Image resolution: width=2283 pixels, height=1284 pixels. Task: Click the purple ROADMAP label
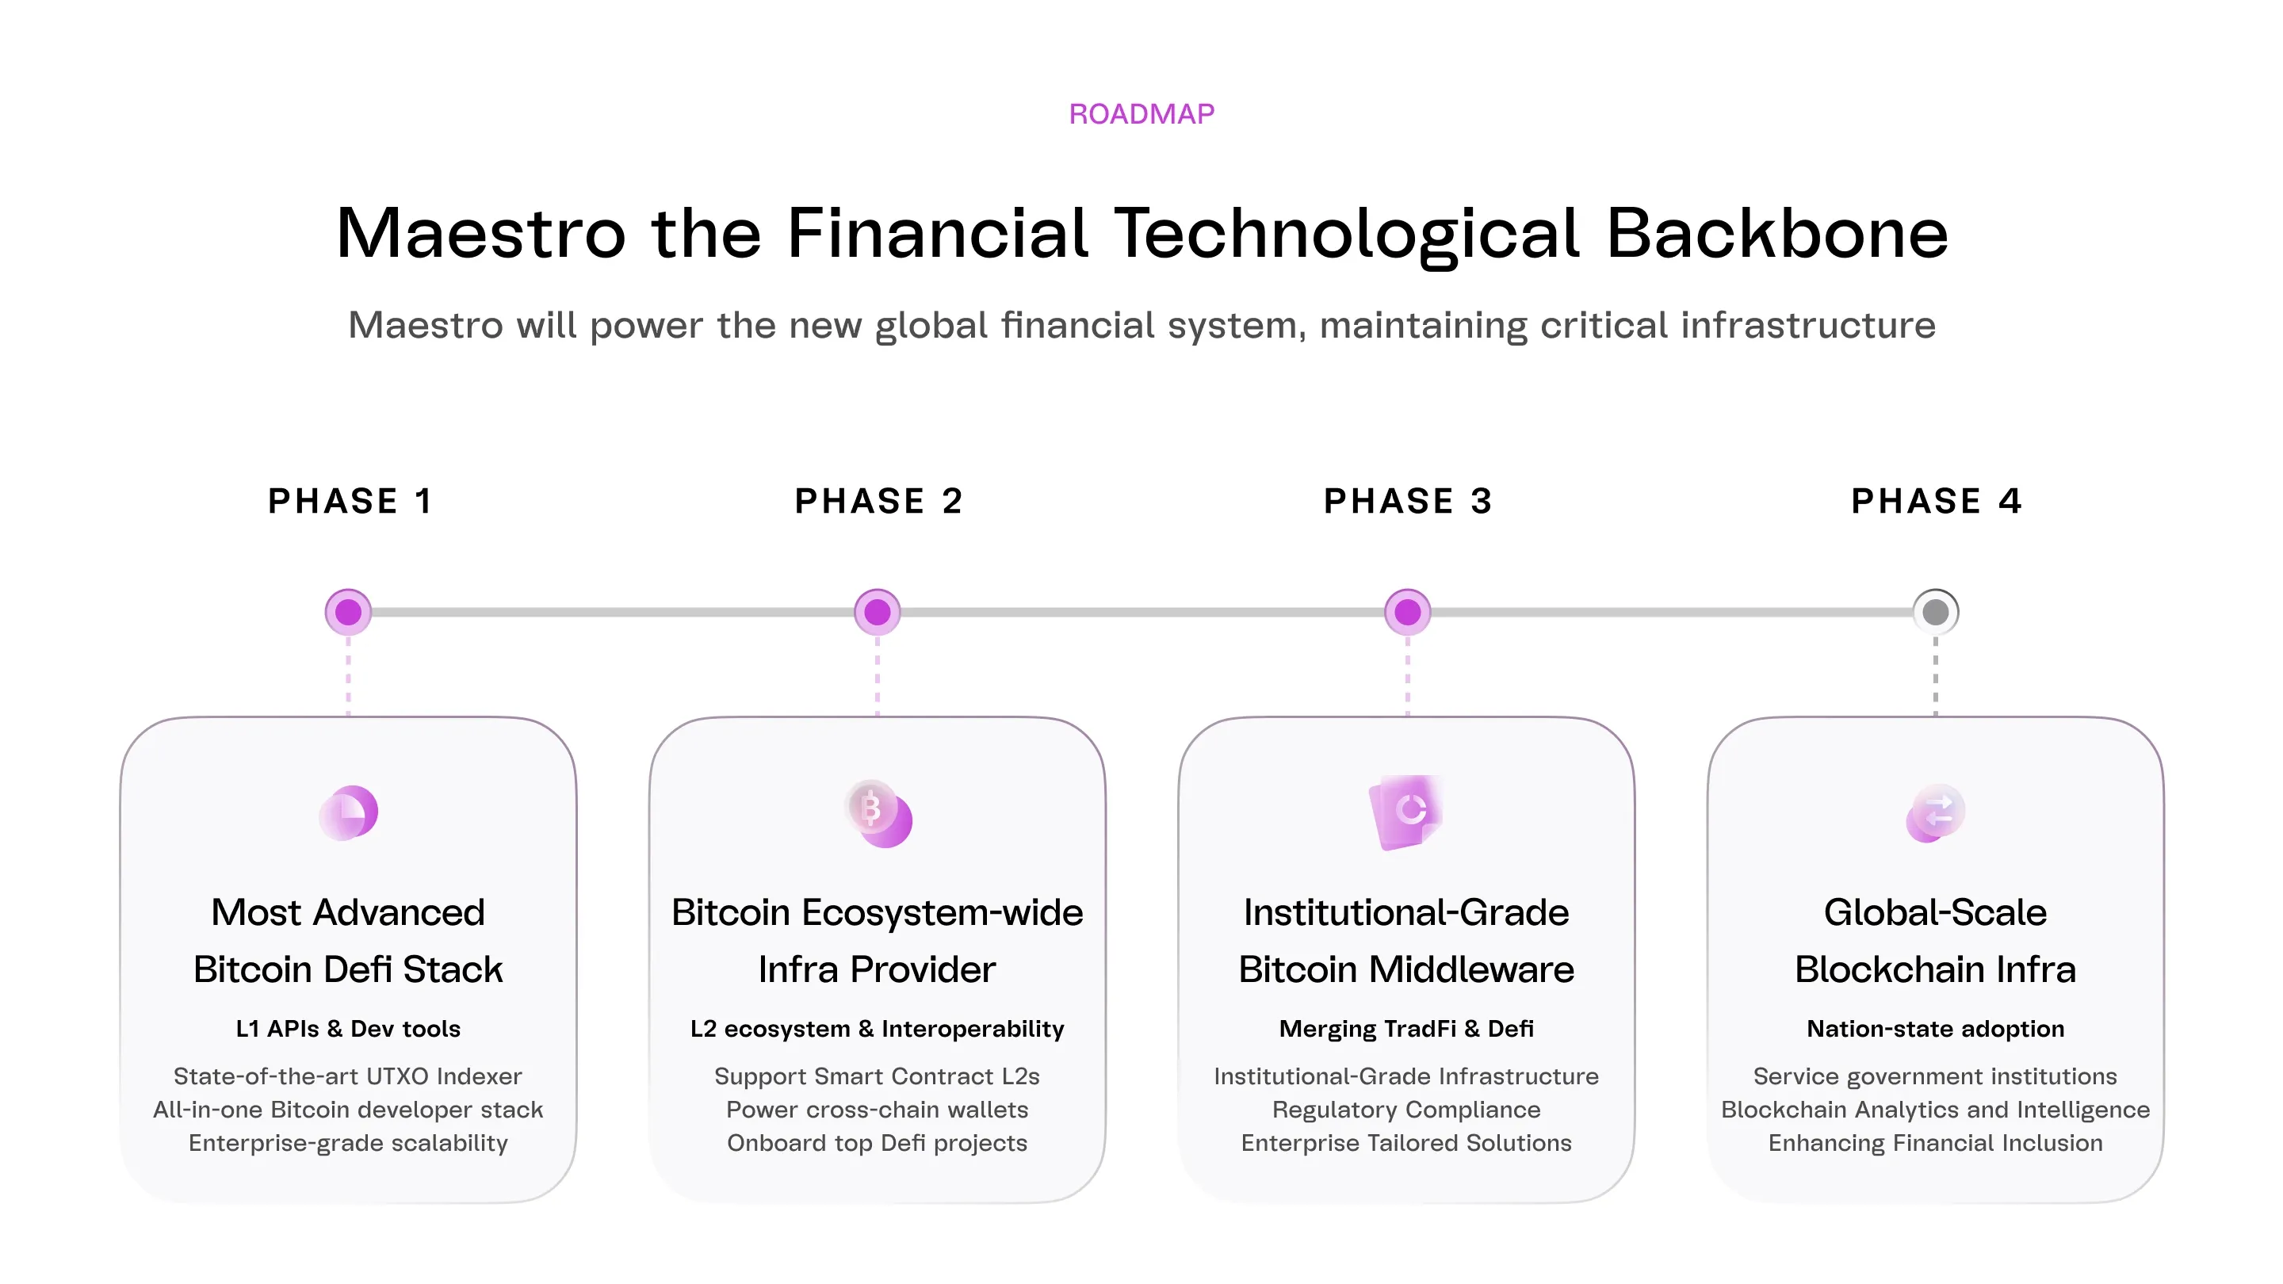(1141, 113)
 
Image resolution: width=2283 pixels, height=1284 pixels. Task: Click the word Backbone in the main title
(1777, 233)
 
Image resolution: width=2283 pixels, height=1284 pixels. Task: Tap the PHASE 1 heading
(350, 501)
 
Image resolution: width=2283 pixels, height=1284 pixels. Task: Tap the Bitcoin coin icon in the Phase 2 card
(878, 812)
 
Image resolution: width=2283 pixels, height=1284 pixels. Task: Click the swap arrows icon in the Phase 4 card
(1936, 812)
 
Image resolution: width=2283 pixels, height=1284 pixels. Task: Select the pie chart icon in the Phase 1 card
(348, 812)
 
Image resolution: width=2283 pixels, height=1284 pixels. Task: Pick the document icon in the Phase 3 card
(1405, 812)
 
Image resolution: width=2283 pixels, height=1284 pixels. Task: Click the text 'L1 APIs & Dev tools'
(348, 1029)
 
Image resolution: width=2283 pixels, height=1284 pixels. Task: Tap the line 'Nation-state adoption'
(1936, 1029)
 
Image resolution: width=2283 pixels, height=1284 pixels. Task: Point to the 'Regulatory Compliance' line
(1406, 1110)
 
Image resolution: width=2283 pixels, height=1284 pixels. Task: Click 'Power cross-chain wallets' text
(878, 1110)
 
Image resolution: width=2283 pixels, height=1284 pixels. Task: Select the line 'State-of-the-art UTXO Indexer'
(348, 1076)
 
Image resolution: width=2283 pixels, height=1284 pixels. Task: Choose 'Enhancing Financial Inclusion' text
(1936, 1143)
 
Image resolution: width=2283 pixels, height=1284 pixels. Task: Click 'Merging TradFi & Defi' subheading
(1406, 1029)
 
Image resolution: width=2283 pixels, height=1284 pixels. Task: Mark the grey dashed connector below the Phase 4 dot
(1936, 675)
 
